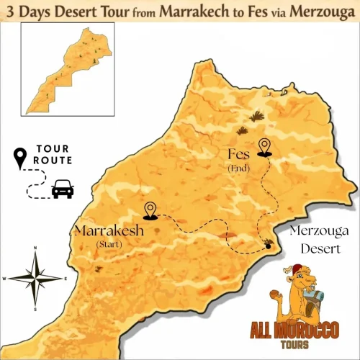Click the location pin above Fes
pyautogui.click(x=265, y=147)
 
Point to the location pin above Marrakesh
pyautogui.click(x=150, y=210)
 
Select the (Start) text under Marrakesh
pyautogui.click(x=109, y=246)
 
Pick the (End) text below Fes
pyautogui.click(x=238, y=168)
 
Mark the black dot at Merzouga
pyautogui.click(x=268, y=247)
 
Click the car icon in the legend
pyautogui.click(x=62, y=190)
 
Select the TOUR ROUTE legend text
pyautogui.click(x=52, y=156)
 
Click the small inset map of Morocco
pyautogui.click(x=66, y=72)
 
